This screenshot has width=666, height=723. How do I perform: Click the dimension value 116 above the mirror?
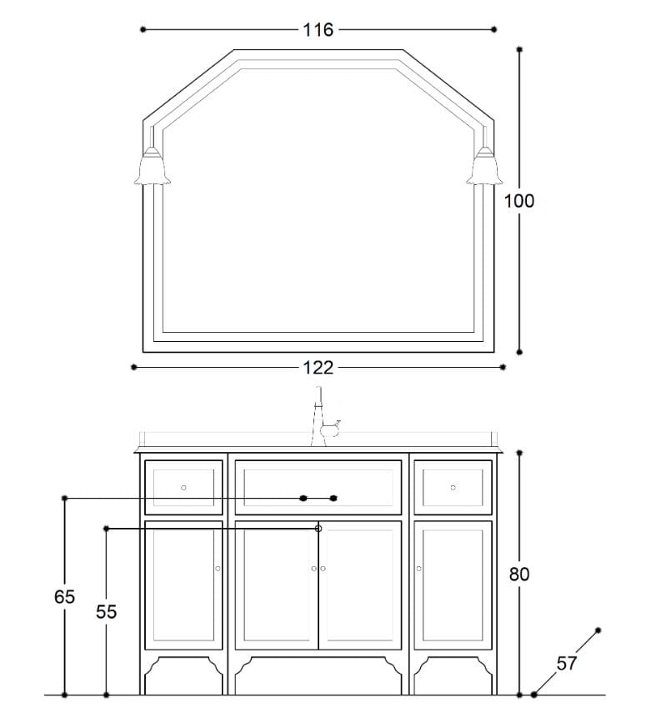click(318, 30)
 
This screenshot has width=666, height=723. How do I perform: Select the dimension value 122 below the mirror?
click(318, 368)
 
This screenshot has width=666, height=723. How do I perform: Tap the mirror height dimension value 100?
click(519, 201)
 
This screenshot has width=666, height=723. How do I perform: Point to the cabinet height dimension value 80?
click(519, 575)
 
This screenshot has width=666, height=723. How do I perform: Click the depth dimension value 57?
click(567, 664)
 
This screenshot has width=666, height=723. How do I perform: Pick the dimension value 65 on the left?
click(64, 597)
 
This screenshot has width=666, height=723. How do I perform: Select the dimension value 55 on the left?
click(106, 612)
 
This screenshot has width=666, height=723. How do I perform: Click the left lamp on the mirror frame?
click(153, 166)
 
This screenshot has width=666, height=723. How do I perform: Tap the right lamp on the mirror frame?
click(484, 166)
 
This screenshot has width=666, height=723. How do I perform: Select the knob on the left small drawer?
click(184, 487)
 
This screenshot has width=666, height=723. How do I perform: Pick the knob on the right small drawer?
click(453, 487)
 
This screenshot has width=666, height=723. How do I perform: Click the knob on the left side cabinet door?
click(218, 569)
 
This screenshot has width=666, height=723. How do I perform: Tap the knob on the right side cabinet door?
click(419, 569)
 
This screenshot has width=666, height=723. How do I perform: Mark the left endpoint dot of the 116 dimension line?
click(143, 29)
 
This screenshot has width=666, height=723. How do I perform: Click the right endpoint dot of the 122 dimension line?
click(503, 367)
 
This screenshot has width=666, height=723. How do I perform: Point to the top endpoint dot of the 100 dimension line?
click(519, 49)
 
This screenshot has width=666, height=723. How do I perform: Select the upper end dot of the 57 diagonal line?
click(598, 630)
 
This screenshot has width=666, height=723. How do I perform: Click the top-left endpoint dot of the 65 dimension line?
click(64, 499)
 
